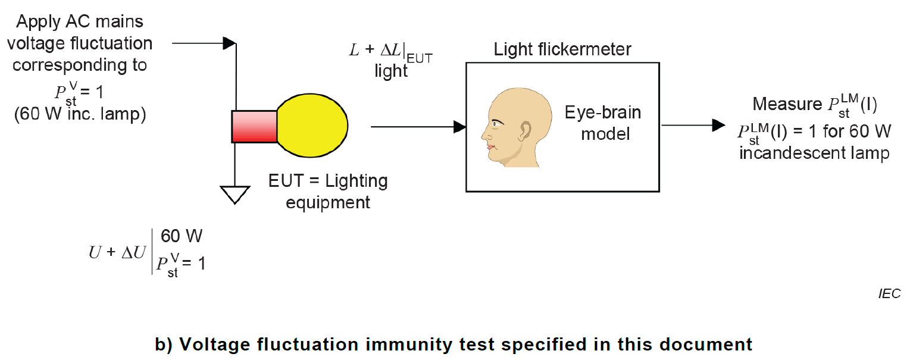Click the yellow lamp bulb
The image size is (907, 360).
coord(312,126)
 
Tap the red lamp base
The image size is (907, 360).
coord(254,126)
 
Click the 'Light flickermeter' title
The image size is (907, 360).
coord(562,50)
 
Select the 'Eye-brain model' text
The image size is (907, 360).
coord(604,123)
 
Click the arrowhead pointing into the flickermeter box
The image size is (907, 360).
coord(459,126)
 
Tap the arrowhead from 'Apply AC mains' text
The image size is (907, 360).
coord(229,43)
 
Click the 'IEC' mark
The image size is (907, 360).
coord(889,293)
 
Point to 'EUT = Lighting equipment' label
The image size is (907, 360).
coord(328,191)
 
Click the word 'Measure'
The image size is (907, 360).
coord(786,105)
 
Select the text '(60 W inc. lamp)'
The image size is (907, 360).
coord(80,114)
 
